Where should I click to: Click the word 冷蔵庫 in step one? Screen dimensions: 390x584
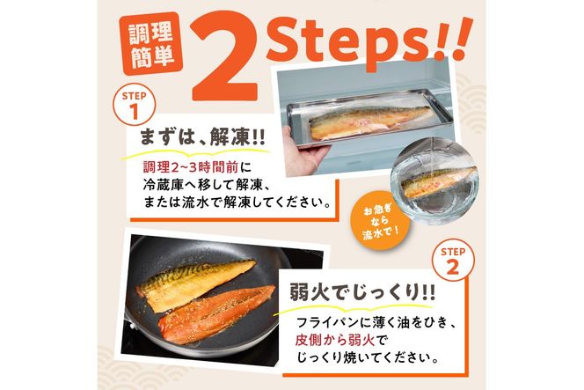167,185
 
